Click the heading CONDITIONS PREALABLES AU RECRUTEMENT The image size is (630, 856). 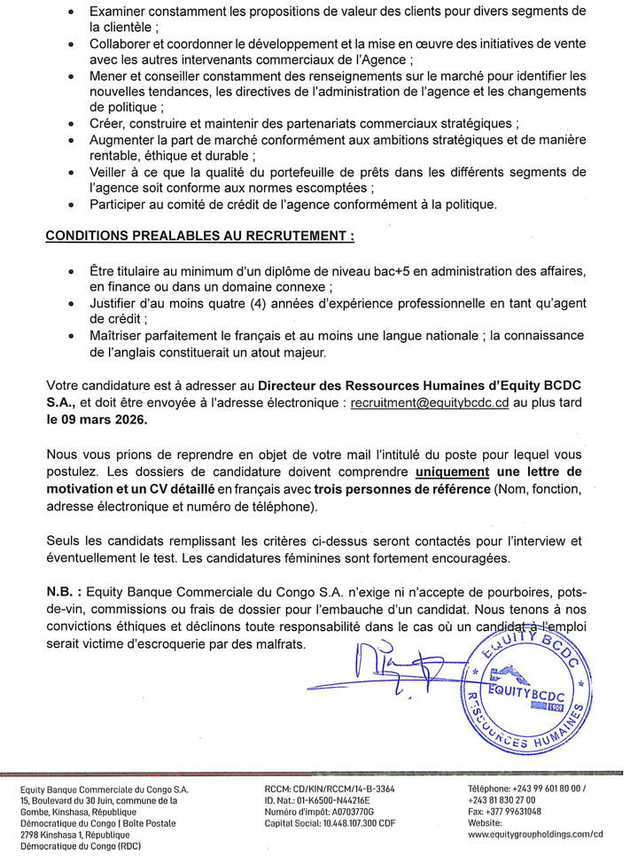pyautogui.click(x=199, y=237)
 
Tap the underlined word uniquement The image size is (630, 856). pyautogui.click(x=451, y=471)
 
